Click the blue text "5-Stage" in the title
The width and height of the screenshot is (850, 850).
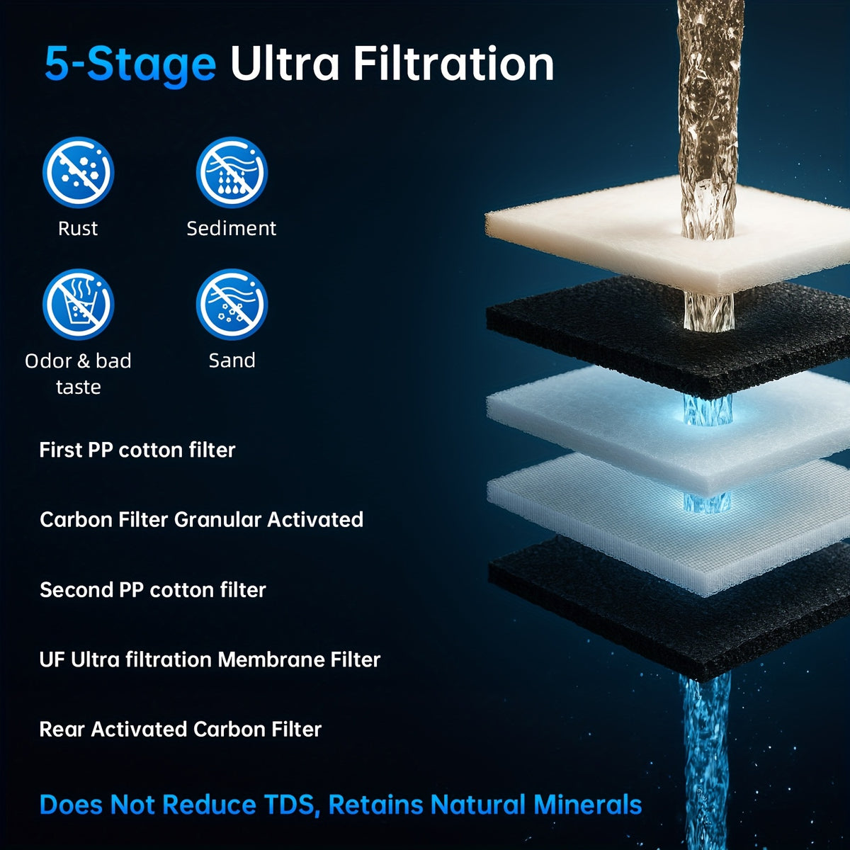pos(130,65)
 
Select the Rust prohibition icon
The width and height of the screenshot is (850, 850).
pos(78,172)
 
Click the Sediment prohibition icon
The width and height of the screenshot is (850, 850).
pos(232,172)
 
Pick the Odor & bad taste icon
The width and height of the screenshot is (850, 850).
pos(78,305)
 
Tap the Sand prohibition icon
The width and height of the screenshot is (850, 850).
pos(232,305)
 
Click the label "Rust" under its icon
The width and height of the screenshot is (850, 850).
pos(78,229)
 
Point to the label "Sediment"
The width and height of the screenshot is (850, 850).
pos(232,229)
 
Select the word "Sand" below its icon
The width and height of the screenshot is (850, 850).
pos(232,361)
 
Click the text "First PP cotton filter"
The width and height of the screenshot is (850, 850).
pos(137,450)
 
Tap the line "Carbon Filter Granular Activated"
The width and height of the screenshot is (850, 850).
pos(202,520)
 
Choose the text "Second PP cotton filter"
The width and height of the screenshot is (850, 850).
pos(152,590)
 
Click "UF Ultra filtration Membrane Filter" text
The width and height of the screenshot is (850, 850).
pos(210,660)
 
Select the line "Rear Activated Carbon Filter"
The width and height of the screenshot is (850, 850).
pos(181,730)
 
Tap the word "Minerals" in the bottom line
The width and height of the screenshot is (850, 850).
pos(587,804)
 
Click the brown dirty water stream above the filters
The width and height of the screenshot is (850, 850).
pos(708,119)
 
